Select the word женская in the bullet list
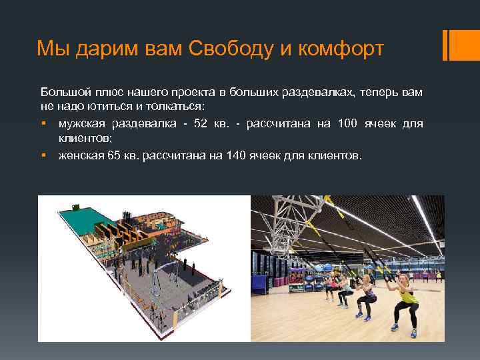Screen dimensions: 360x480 pos(77,156)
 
